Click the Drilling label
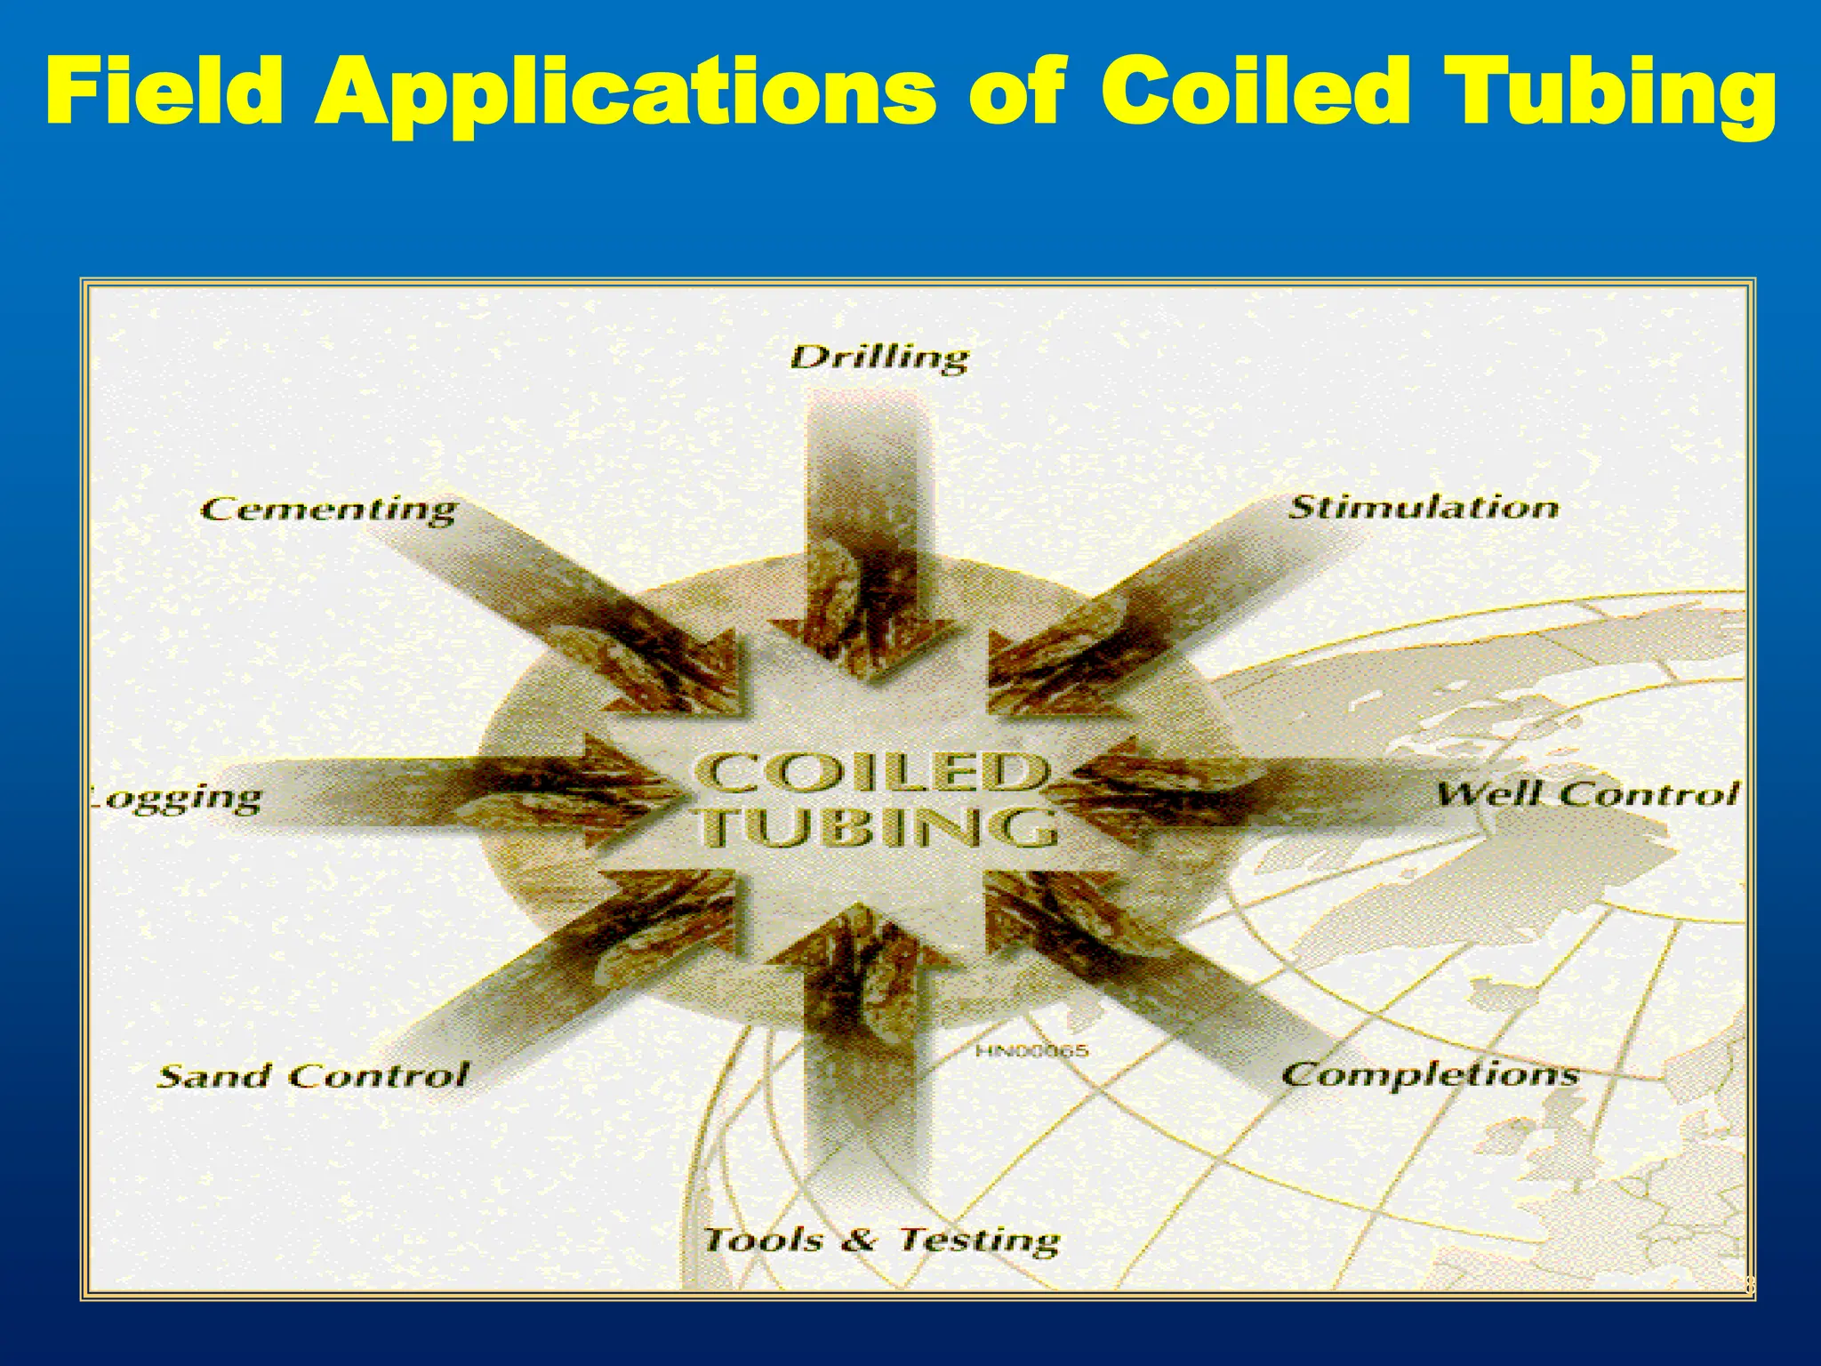click(878, 358)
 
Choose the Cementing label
click(328, 510)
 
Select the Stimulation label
click(1424, 507)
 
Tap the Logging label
click(177, 798)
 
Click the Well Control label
click(1587, 793)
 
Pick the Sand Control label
click(312, 1076)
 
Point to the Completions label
click(1430, 1074)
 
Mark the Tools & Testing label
click(881, 1239)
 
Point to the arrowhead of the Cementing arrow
click(702, 676)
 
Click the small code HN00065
click(1031, 1051)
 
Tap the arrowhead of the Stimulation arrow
click(1023, 676)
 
